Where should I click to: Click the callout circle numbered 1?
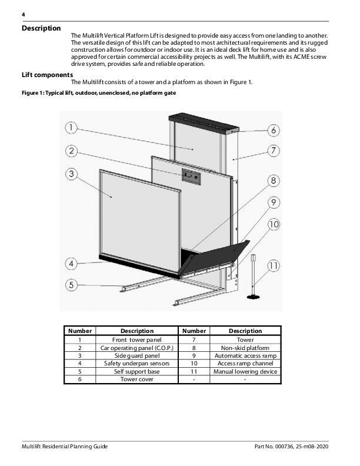tap(71, 127)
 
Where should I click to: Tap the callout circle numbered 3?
tap(71, 174)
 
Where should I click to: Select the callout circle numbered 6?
tap(274, 129)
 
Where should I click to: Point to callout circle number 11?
tap(274, 266)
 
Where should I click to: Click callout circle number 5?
tap(71, 285)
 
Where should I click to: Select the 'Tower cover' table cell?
tap(137, 380)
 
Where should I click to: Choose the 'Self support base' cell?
tap(137, 372)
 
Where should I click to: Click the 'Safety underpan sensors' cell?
tap(137, 364)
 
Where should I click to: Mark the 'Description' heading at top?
tap(41, 28)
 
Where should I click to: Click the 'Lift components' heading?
tap(47, 75)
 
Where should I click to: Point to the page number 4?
tap(24, 14)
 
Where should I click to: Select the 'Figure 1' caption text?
tap(98, 93)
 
